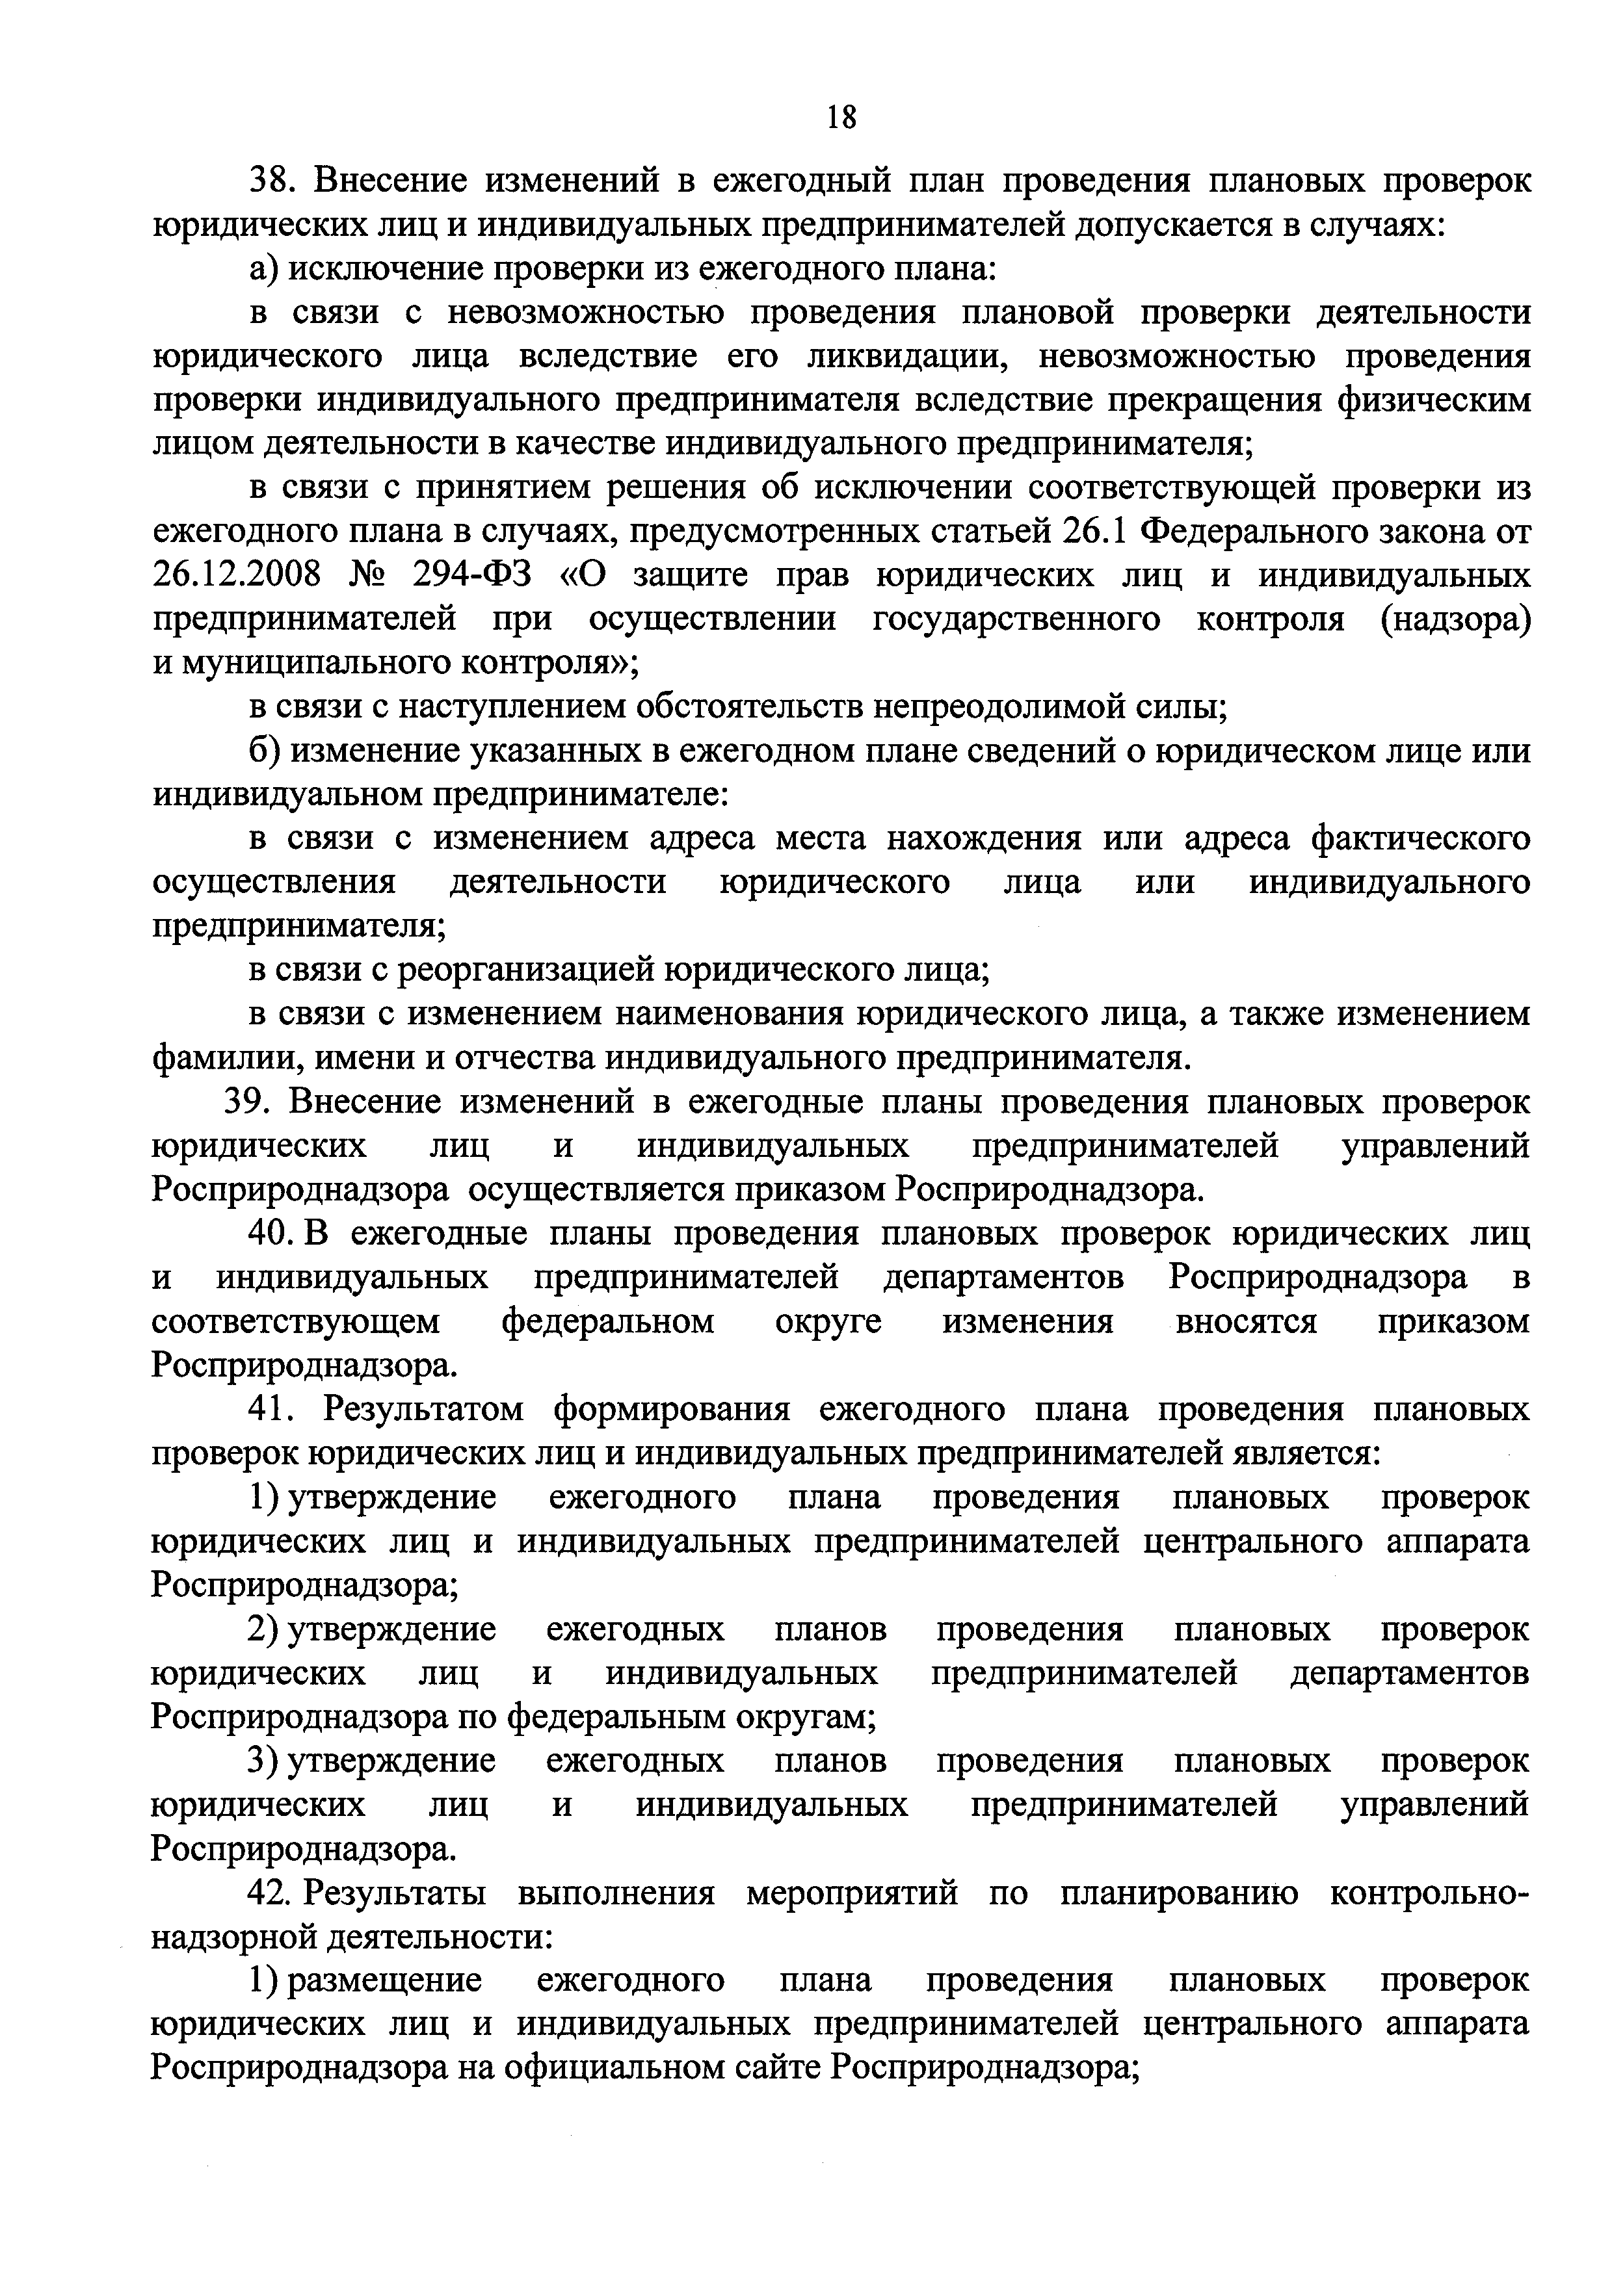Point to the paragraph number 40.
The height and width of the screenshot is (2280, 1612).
click(268, 1234)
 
